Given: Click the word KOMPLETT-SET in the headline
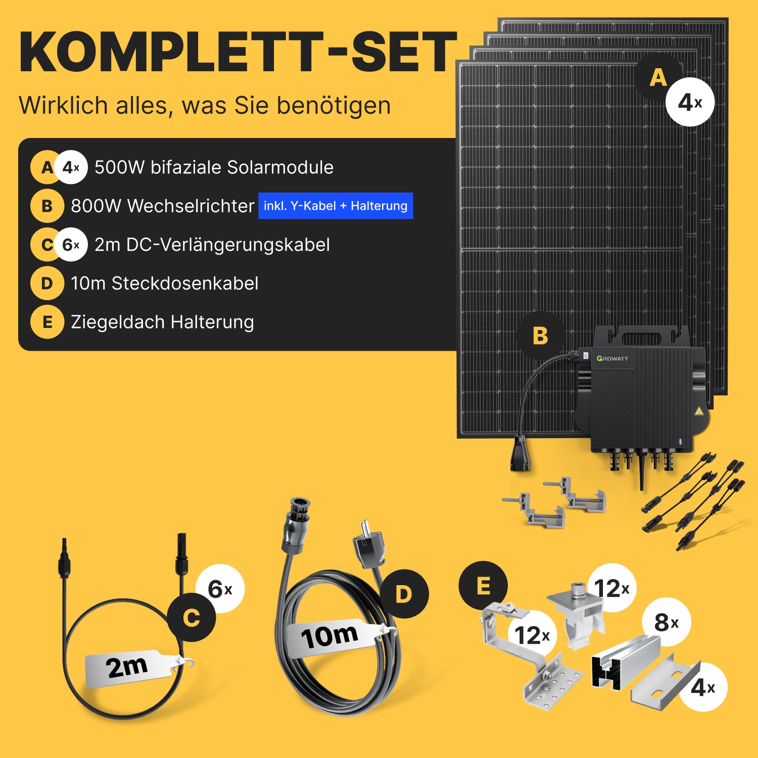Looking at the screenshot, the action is tap(238, 52).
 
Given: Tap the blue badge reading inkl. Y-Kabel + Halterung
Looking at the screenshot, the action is tap(336, 206).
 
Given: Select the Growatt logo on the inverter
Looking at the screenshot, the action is tap(612, 358).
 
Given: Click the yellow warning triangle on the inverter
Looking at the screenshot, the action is tap(699, 411).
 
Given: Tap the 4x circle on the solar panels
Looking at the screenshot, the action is tap(690, 102).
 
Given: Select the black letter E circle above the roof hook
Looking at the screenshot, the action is tap(483, 586).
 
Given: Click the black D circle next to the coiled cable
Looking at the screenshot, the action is tap(404, 594).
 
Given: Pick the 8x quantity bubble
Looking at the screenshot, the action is tap(666, 622).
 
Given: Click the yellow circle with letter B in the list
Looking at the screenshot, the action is tap(47, 206).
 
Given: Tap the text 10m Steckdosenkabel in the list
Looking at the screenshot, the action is tap(165, 283).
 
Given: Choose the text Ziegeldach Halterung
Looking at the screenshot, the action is tap(162, 322).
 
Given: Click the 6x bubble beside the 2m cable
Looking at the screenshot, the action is tap(220, 589).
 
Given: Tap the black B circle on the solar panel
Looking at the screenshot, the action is tap(540, 336).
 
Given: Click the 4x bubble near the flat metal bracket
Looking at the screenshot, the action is tap(703, 687).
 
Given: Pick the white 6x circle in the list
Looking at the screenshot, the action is tap(71, 245).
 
